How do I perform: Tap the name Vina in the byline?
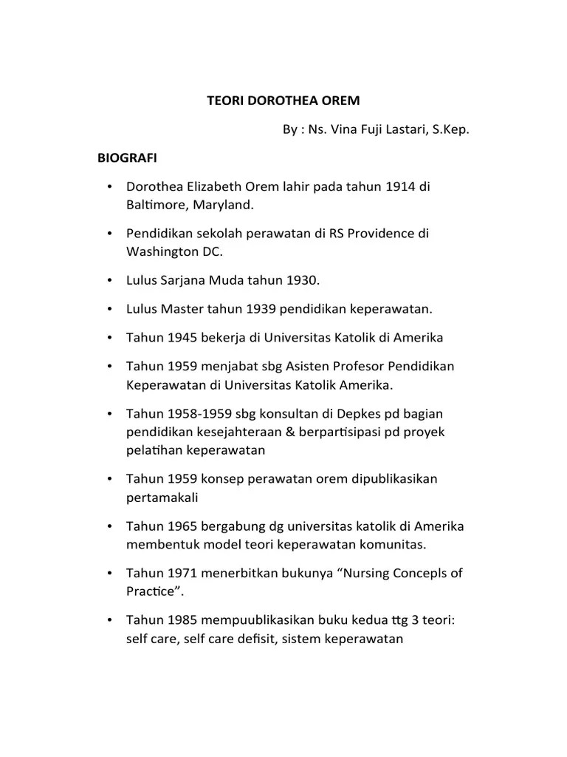click(347, 130)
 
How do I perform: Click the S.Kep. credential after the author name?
click(446, 130)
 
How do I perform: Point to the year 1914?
click(399, 186)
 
